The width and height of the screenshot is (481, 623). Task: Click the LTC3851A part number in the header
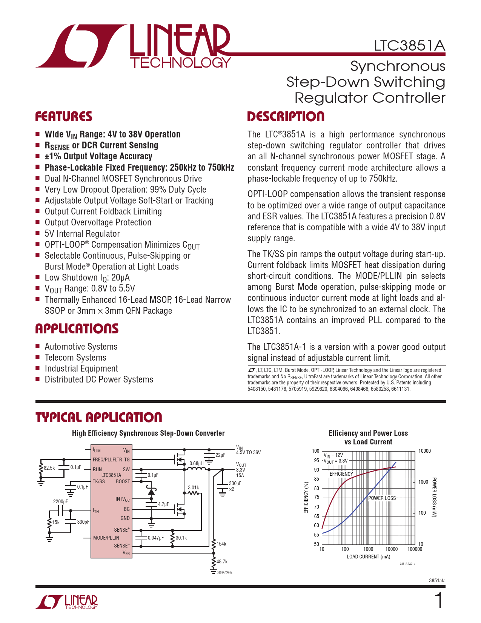(409, 46)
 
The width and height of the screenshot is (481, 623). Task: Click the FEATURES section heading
(64, 117)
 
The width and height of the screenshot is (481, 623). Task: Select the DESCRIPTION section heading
(286, 117)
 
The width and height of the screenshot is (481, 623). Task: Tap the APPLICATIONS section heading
(77, 329)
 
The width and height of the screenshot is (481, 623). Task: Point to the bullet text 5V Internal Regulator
(82, 234)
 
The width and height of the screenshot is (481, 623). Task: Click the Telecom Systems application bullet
(75, 358)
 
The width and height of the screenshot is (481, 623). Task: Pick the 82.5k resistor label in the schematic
(49, 468)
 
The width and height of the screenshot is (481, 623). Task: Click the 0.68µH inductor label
(197, 463)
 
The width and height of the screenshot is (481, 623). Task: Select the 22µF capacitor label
(220, 455)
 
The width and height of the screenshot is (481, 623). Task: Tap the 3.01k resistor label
(194, 487)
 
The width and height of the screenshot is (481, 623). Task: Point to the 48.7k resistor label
(222, 561)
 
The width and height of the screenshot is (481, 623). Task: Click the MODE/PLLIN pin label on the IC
(106, 538)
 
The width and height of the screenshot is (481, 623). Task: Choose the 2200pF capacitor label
(60, 501)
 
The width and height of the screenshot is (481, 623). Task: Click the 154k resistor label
(221, 544)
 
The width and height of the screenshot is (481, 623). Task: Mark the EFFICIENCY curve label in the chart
(341, 474)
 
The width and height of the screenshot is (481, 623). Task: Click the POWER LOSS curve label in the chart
(382, 498)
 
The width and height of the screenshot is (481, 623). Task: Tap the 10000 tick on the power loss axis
(424, 451)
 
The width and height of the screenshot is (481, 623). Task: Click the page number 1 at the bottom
(439, 601)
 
